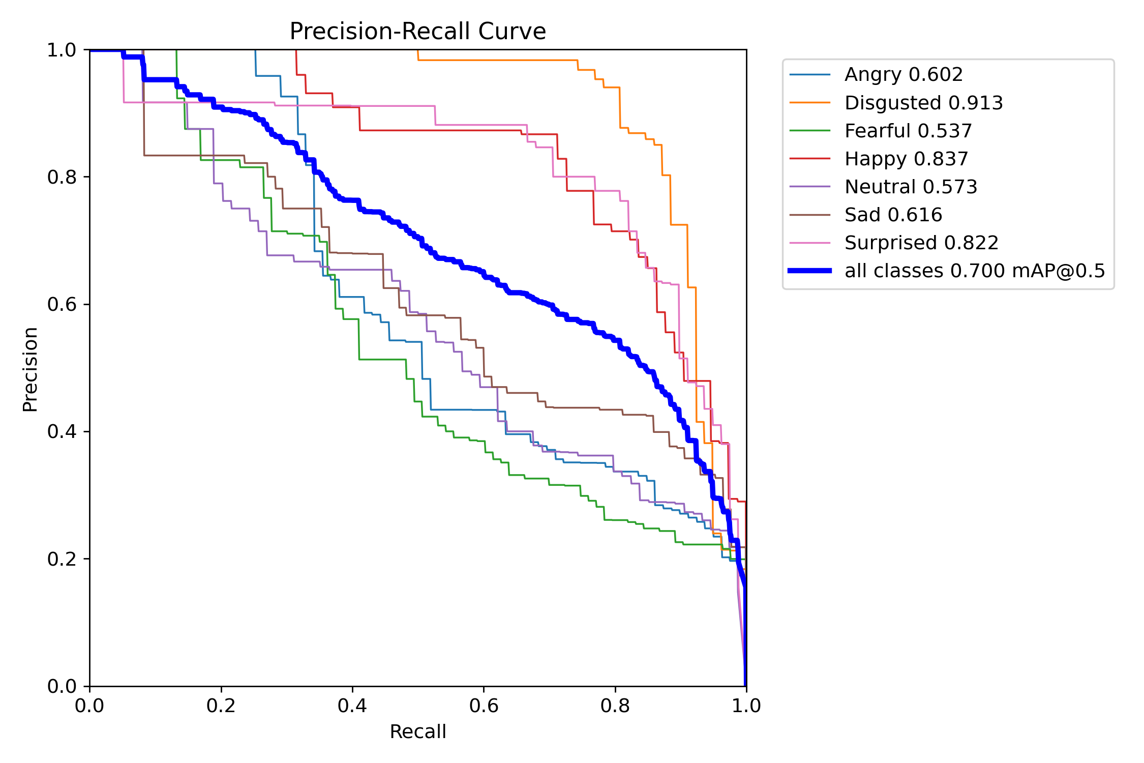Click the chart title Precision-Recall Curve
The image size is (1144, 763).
(417, 31)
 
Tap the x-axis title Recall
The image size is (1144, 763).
(417, 732)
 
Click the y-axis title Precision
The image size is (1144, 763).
(31, 369)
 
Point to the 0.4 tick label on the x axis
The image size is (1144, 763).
(352, 706)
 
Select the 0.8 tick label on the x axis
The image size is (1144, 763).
(615, 706)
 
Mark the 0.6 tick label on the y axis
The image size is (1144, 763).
(62, 304)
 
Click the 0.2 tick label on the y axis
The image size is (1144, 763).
(62, 559)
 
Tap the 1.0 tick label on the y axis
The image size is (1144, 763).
(62, 50)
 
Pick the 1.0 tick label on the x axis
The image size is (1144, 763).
(746, 706)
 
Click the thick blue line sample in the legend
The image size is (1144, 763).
(810, 271)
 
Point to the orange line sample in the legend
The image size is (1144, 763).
(810, 103)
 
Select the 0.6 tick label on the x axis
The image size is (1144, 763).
(484, 706)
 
